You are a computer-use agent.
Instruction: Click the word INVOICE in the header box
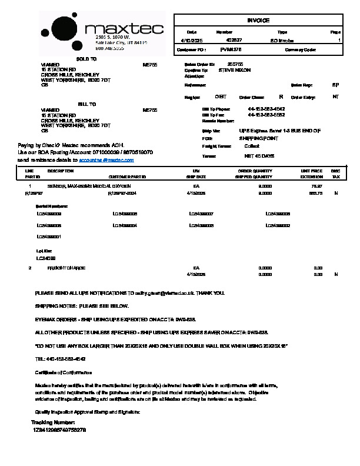(258, 21)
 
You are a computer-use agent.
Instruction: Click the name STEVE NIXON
(234, 70)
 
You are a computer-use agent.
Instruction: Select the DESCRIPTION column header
(60, 171)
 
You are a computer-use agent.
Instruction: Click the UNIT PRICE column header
(311, 171)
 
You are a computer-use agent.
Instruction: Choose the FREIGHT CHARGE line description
(66, 268)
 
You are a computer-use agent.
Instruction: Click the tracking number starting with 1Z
(61, 430)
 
